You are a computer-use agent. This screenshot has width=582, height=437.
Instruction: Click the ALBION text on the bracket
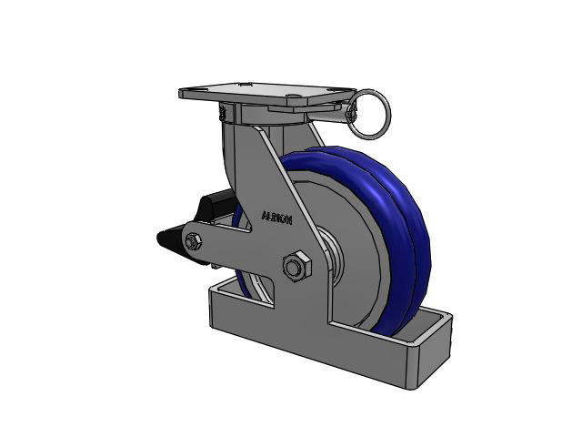coord(276,218)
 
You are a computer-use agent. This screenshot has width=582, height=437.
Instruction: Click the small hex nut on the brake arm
coord(193,243)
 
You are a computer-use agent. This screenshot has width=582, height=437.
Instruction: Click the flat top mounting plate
coord(267,93)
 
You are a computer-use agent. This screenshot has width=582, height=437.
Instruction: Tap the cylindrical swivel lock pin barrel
coord(328,114)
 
